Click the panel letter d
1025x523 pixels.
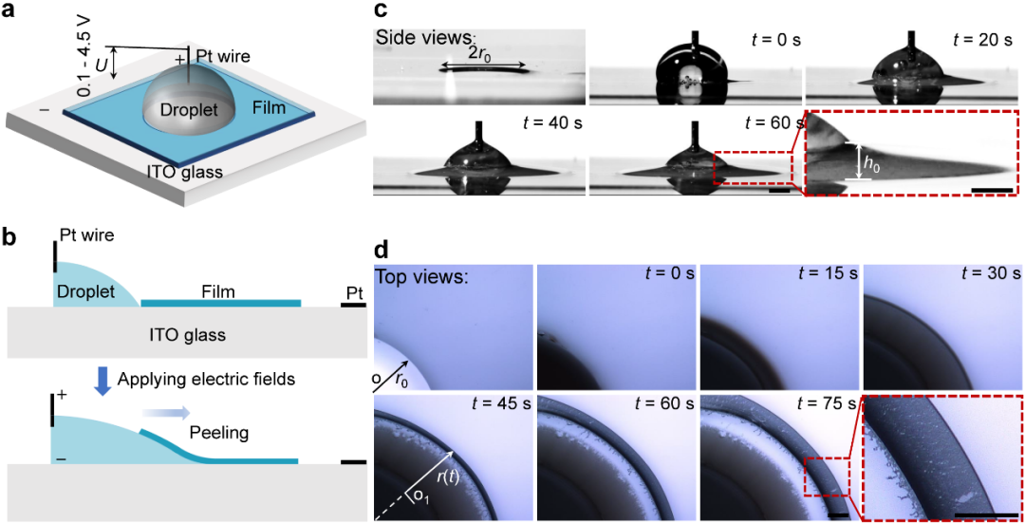pos(382,251)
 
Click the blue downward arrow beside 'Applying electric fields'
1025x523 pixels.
pos(103,379)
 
